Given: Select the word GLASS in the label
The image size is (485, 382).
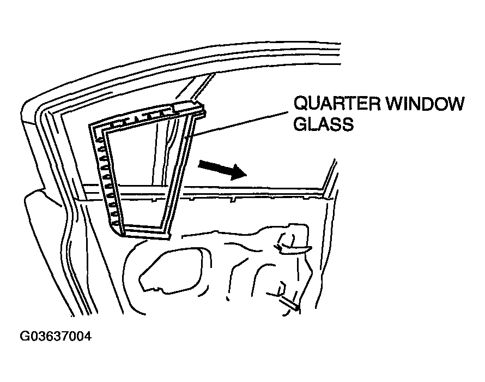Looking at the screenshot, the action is [324, 124].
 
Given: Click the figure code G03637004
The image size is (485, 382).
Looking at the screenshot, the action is [56, 336].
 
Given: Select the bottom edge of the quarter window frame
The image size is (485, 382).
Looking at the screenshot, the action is [145, 232].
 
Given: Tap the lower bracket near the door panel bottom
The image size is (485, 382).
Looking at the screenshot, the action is [286, 297].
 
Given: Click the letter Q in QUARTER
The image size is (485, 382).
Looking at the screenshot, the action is [300, 104].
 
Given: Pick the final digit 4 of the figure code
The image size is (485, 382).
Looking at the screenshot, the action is [88, 336].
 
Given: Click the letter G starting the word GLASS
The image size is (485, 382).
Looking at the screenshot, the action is [300, 124].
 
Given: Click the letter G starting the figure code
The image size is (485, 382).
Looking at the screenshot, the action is [24, 336].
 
